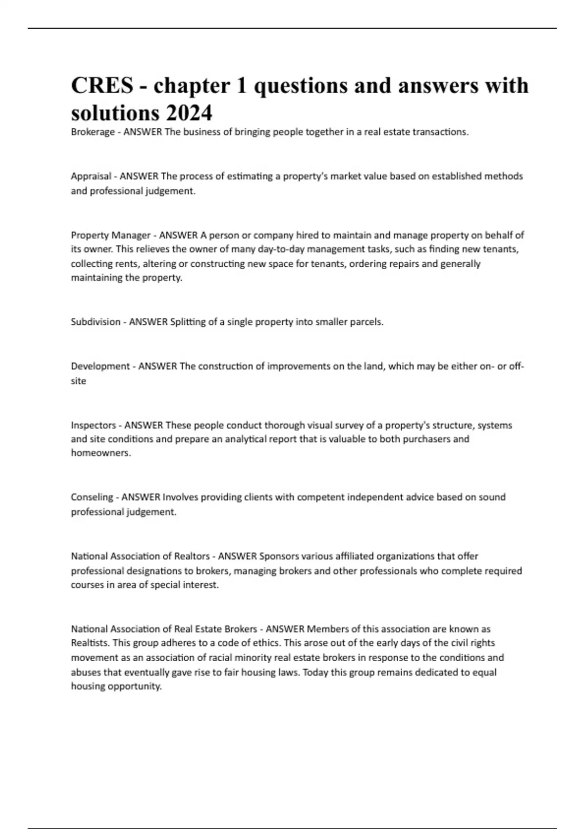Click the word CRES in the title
(x=102, y=86)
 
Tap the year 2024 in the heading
(x=189, y=113)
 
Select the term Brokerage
(x=93, y=132)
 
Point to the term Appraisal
(x=91, y=176)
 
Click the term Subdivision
(x=96, y=322)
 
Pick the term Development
(x=100, y=366)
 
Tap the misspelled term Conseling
(x=92, y=497)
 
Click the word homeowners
(x=101, y=453)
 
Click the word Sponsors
(x=279, y=556)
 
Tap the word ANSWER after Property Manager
(x=178, y=235)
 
